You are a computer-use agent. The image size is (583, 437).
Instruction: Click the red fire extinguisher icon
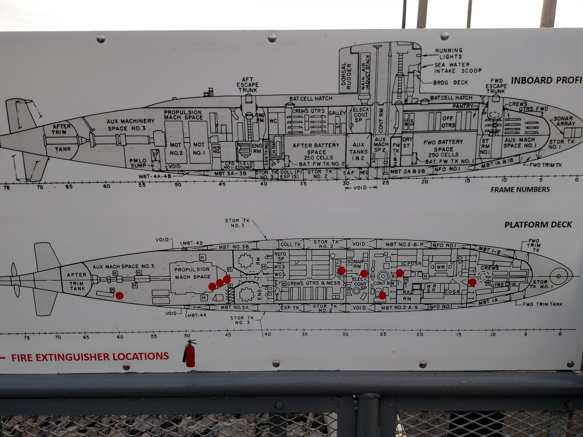pos(189,354)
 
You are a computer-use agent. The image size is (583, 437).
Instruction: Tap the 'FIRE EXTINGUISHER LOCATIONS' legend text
pos(90,357)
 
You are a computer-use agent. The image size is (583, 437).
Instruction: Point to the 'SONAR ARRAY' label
pos(563,121)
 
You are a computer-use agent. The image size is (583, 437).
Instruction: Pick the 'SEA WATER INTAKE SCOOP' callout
pos(458,68)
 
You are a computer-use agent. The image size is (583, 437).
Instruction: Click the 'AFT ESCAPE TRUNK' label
pos(247,84)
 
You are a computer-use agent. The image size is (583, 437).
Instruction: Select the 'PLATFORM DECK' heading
pos(538,225)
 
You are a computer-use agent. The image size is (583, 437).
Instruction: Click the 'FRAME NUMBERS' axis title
pos(520,189)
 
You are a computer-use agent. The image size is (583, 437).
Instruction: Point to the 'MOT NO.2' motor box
pos(176,149)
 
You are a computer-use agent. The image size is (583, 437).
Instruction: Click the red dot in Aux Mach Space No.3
pos(120,295)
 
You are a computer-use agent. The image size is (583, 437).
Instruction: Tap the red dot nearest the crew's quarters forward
pos(472,282)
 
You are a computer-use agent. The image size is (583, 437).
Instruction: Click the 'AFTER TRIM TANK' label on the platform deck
pos(77,281)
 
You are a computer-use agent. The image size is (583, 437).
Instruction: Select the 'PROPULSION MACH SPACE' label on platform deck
pos(192,273)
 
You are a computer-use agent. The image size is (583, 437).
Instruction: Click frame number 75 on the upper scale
pos(7,188)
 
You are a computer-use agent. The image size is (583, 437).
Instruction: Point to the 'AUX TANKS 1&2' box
pos(358,151)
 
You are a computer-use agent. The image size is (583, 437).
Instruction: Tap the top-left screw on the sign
pos(100,39)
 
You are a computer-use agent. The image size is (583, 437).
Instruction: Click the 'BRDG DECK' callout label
pos(450,83)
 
